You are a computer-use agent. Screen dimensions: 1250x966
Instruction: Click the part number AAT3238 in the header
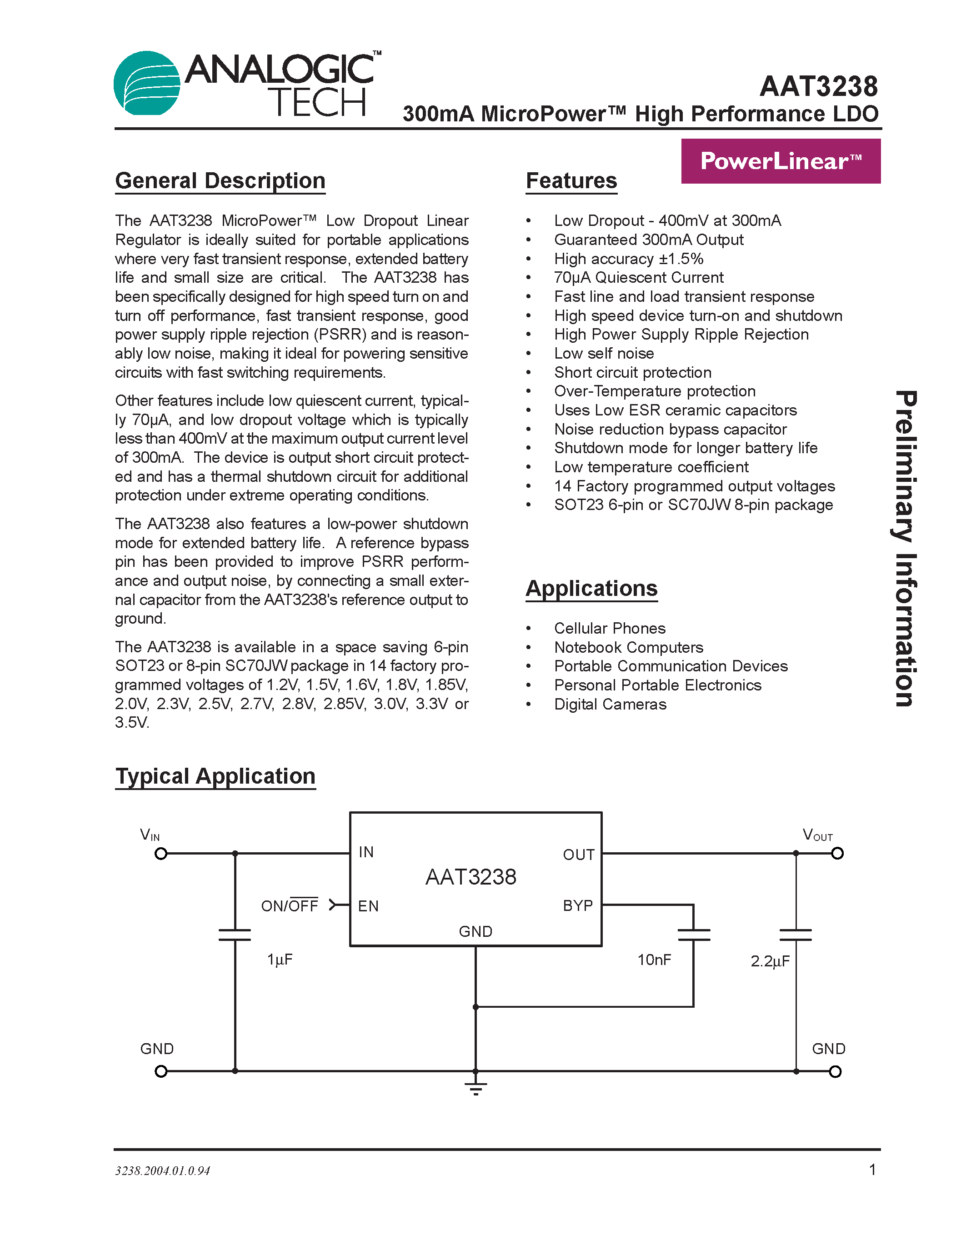tap(818, 87)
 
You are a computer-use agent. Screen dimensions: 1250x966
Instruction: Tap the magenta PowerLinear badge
tap(780, 161)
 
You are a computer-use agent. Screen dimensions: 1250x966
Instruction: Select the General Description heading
tap(220, 181)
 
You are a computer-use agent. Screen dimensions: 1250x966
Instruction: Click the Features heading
tap(571, 181)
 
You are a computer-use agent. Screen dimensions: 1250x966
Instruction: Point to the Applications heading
tap(591, 588)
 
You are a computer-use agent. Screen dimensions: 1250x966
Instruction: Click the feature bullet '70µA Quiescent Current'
tap(638, 278)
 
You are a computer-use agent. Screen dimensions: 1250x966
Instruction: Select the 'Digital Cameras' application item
tap(610, 704)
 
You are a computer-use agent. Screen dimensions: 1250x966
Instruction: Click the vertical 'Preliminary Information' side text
tap(906, 548)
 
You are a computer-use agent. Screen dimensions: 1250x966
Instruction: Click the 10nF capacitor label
tap(654, 960)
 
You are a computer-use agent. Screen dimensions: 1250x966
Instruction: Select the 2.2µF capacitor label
tap(770, 961)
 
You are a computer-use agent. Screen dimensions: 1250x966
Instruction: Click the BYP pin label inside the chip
tap(577, 906)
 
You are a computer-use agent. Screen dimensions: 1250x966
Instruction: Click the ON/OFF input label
tap(289, 906)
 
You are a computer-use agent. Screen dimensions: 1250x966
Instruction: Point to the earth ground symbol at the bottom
tap(475, 1089)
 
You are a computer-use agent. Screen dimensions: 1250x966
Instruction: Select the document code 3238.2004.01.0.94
tap(163, 1171)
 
